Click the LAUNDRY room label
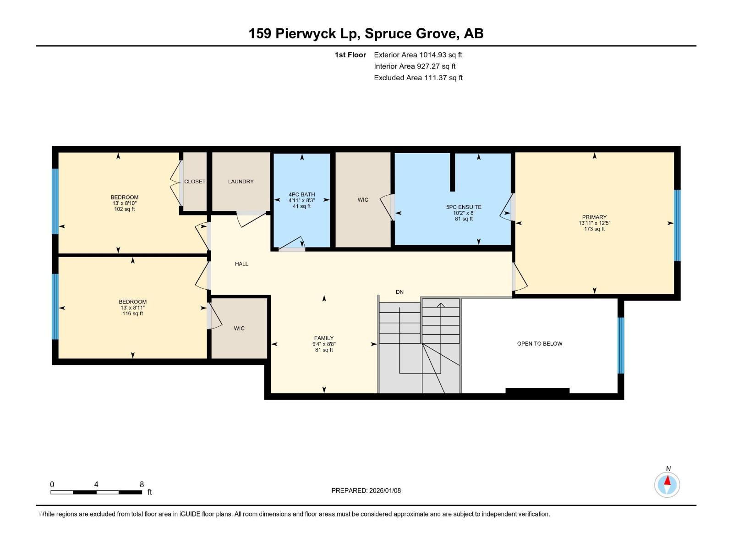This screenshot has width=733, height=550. tap(241, 181)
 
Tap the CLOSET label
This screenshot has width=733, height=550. tap(195, 181)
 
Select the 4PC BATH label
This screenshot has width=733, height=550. tap(301, 194)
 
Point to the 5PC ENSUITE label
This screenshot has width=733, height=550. tap(464, 207)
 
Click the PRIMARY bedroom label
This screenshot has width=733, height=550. tap(594, 217)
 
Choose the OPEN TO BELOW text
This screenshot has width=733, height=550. tap(539, 344)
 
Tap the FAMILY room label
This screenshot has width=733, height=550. tap(323, 338)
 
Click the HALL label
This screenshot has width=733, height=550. tap(241, 264)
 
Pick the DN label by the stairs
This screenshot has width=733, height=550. tap(399, 292)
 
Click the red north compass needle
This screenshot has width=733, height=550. tap(667, 480)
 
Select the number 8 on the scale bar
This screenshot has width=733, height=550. tap(142, 484)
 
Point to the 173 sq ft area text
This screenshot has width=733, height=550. tap(594, 229)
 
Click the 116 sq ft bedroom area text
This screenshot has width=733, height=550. tap(132, 313)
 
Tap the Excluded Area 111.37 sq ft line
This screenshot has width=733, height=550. tap(418, 78)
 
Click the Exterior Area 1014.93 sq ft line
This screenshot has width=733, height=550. tap(418, 55)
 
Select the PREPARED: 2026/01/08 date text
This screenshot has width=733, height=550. tap(366, 490)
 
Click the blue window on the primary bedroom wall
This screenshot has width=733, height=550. tap(677, 225)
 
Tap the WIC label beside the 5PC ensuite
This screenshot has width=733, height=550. tap(363, 200)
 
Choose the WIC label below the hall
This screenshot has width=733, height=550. tap(239, 328)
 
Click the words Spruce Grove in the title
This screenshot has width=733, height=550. tap(410, 34)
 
